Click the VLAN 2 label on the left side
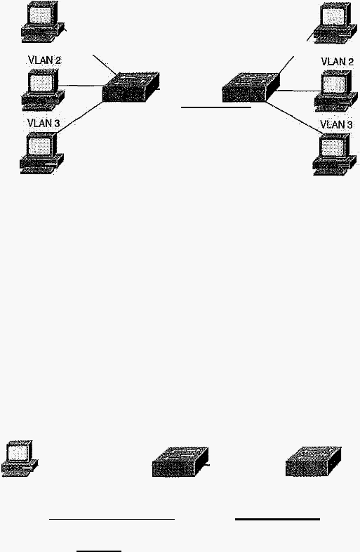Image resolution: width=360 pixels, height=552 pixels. point(44,60)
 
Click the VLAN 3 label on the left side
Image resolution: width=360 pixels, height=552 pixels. point(44,123)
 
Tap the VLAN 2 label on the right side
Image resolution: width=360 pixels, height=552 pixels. point(337,62)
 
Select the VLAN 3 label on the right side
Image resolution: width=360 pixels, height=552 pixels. point(336,124)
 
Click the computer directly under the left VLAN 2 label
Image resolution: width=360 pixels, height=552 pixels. point(43,90)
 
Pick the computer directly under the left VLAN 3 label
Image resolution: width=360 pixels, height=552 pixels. point(41,153)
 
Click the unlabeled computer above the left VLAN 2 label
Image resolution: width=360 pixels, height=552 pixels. point(44,22)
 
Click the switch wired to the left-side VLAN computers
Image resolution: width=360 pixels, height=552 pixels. point(131,86)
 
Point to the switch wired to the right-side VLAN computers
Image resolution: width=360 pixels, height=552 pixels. point(251,87)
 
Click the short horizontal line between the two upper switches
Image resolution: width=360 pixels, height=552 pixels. point(215,107)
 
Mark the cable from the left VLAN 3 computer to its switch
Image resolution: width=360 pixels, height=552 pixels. point(79,117)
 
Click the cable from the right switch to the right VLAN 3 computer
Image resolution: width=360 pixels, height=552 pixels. point(294,117)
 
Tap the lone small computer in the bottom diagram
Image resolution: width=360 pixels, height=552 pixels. point(20,459)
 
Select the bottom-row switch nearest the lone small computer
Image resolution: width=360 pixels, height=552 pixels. point(180,462)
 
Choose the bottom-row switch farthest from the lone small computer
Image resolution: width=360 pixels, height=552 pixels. point(313,461)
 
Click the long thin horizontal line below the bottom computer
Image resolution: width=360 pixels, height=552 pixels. point(112,519)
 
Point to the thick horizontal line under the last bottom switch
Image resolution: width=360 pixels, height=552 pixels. point(277,519)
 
